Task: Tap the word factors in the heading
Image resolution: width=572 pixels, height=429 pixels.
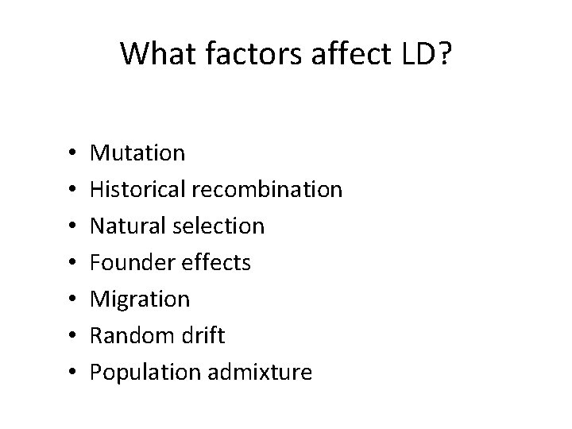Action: (x=239, y=54)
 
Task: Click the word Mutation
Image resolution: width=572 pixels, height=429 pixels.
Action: (x=137, y=153)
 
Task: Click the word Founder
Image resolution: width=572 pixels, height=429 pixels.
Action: (x=128, y=262)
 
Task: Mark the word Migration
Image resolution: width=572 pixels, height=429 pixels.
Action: (x=140, y=299)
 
